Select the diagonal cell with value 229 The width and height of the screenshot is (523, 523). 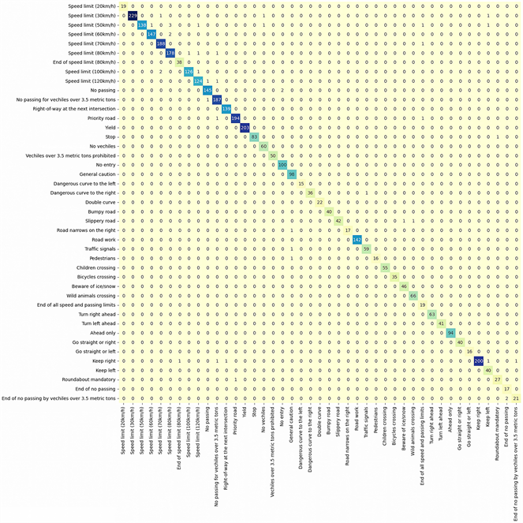click(133, 16)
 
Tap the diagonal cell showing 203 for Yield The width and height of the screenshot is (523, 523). click(245, 128)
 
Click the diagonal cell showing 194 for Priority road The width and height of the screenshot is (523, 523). click(235, 118)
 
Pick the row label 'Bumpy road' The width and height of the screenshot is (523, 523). click(99, 211)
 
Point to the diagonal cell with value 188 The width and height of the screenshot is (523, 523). click(161, 43)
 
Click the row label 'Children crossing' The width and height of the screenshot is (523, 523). click(92, 267)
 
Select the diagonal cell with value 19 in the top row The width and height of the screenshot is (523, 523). click(123, 6)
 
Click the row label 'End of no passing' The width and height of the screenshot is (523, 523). click(92, 389)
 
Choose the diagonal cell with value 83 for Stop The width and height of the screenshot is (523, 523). click(254, 137)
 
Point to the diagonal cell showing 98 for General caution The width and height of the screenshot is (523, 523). click(292, 174)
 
